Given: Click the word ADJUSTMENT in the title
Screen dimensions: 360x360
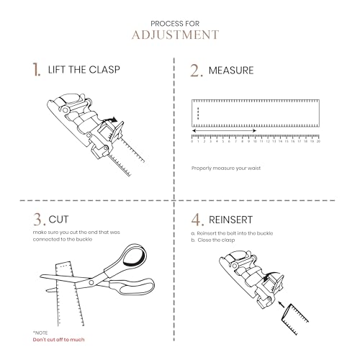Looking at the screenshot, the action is click(x=175, y=35).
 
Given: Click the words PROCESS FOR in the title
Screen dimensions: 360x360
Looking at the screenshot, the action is click(x=175, y=24).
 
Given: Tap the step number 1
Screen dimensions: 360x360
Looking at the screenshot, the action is click(x=36, y=70).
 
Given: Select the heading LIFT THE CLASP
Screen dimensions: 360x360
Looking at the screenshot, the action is click(x=84, y=70).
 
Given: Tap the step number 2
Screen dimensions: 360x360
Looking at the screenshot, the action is click(x=197, y=71).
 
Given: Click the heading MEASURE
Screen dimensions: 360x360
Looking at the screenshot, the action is click(x=231, y=71).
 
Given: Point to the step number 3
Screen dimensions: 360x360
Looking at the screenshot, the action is click(x=39, y=220).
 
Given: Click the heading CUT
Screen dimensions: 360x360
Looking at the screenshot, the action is click(x=58, y=220).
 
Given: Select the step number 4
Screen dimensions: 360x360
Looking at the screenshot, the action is click(x=197, y=220).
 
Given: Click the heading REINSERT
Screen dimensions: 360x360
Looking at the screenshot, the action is click(x=230, y=220).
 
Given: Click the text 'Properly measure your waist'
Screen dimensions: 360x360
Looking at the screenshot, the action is click(x=226, y=168).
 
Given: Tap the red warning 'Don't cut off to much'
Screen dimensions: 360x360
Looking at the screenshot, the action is click(x=58, y=340).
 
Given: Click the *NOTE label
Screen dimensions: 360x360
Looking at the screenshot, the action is click(x=40, y=333).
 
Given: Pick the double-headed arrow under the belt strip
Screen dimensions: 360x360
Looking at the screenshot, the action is click(x=224, y=131).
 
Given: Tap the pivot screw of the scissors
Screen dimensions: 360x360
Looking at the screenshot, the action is click(x=91, y=282).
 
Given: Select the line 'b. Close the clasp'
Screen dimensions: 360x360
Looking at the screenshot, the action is click(x=213, y=240).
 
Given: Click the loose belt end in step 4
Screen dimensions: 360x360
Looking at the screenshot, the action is click(x=294, y=319).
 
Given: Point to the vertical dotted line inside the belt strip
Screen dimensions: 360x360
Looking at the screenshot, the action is click(x=198, y=113).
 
